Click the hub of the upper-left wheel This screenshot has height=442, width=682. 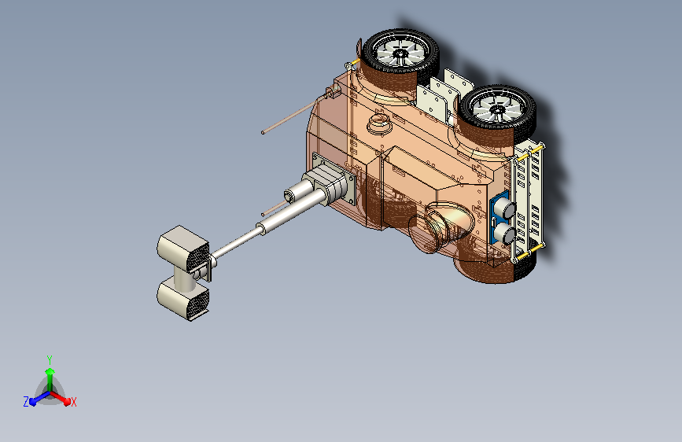pos(400,53)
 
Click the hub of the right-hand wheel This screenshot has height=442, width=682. pos(496,109)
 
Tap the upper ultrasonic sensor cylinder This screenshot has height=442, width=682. pos(506,209)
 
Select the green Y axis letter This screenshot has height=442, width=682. pos(50,359)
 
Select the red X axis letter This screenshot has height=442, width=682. pos(73,402)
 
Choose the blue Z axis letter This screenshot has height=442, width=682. pos(26,402)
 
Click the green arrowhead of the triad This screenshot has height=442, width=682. pos(50,371)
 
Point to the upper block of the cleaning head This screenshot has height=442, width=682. pos(183,249)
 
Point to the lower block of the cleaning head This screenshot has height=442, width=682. pos(182,300)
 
